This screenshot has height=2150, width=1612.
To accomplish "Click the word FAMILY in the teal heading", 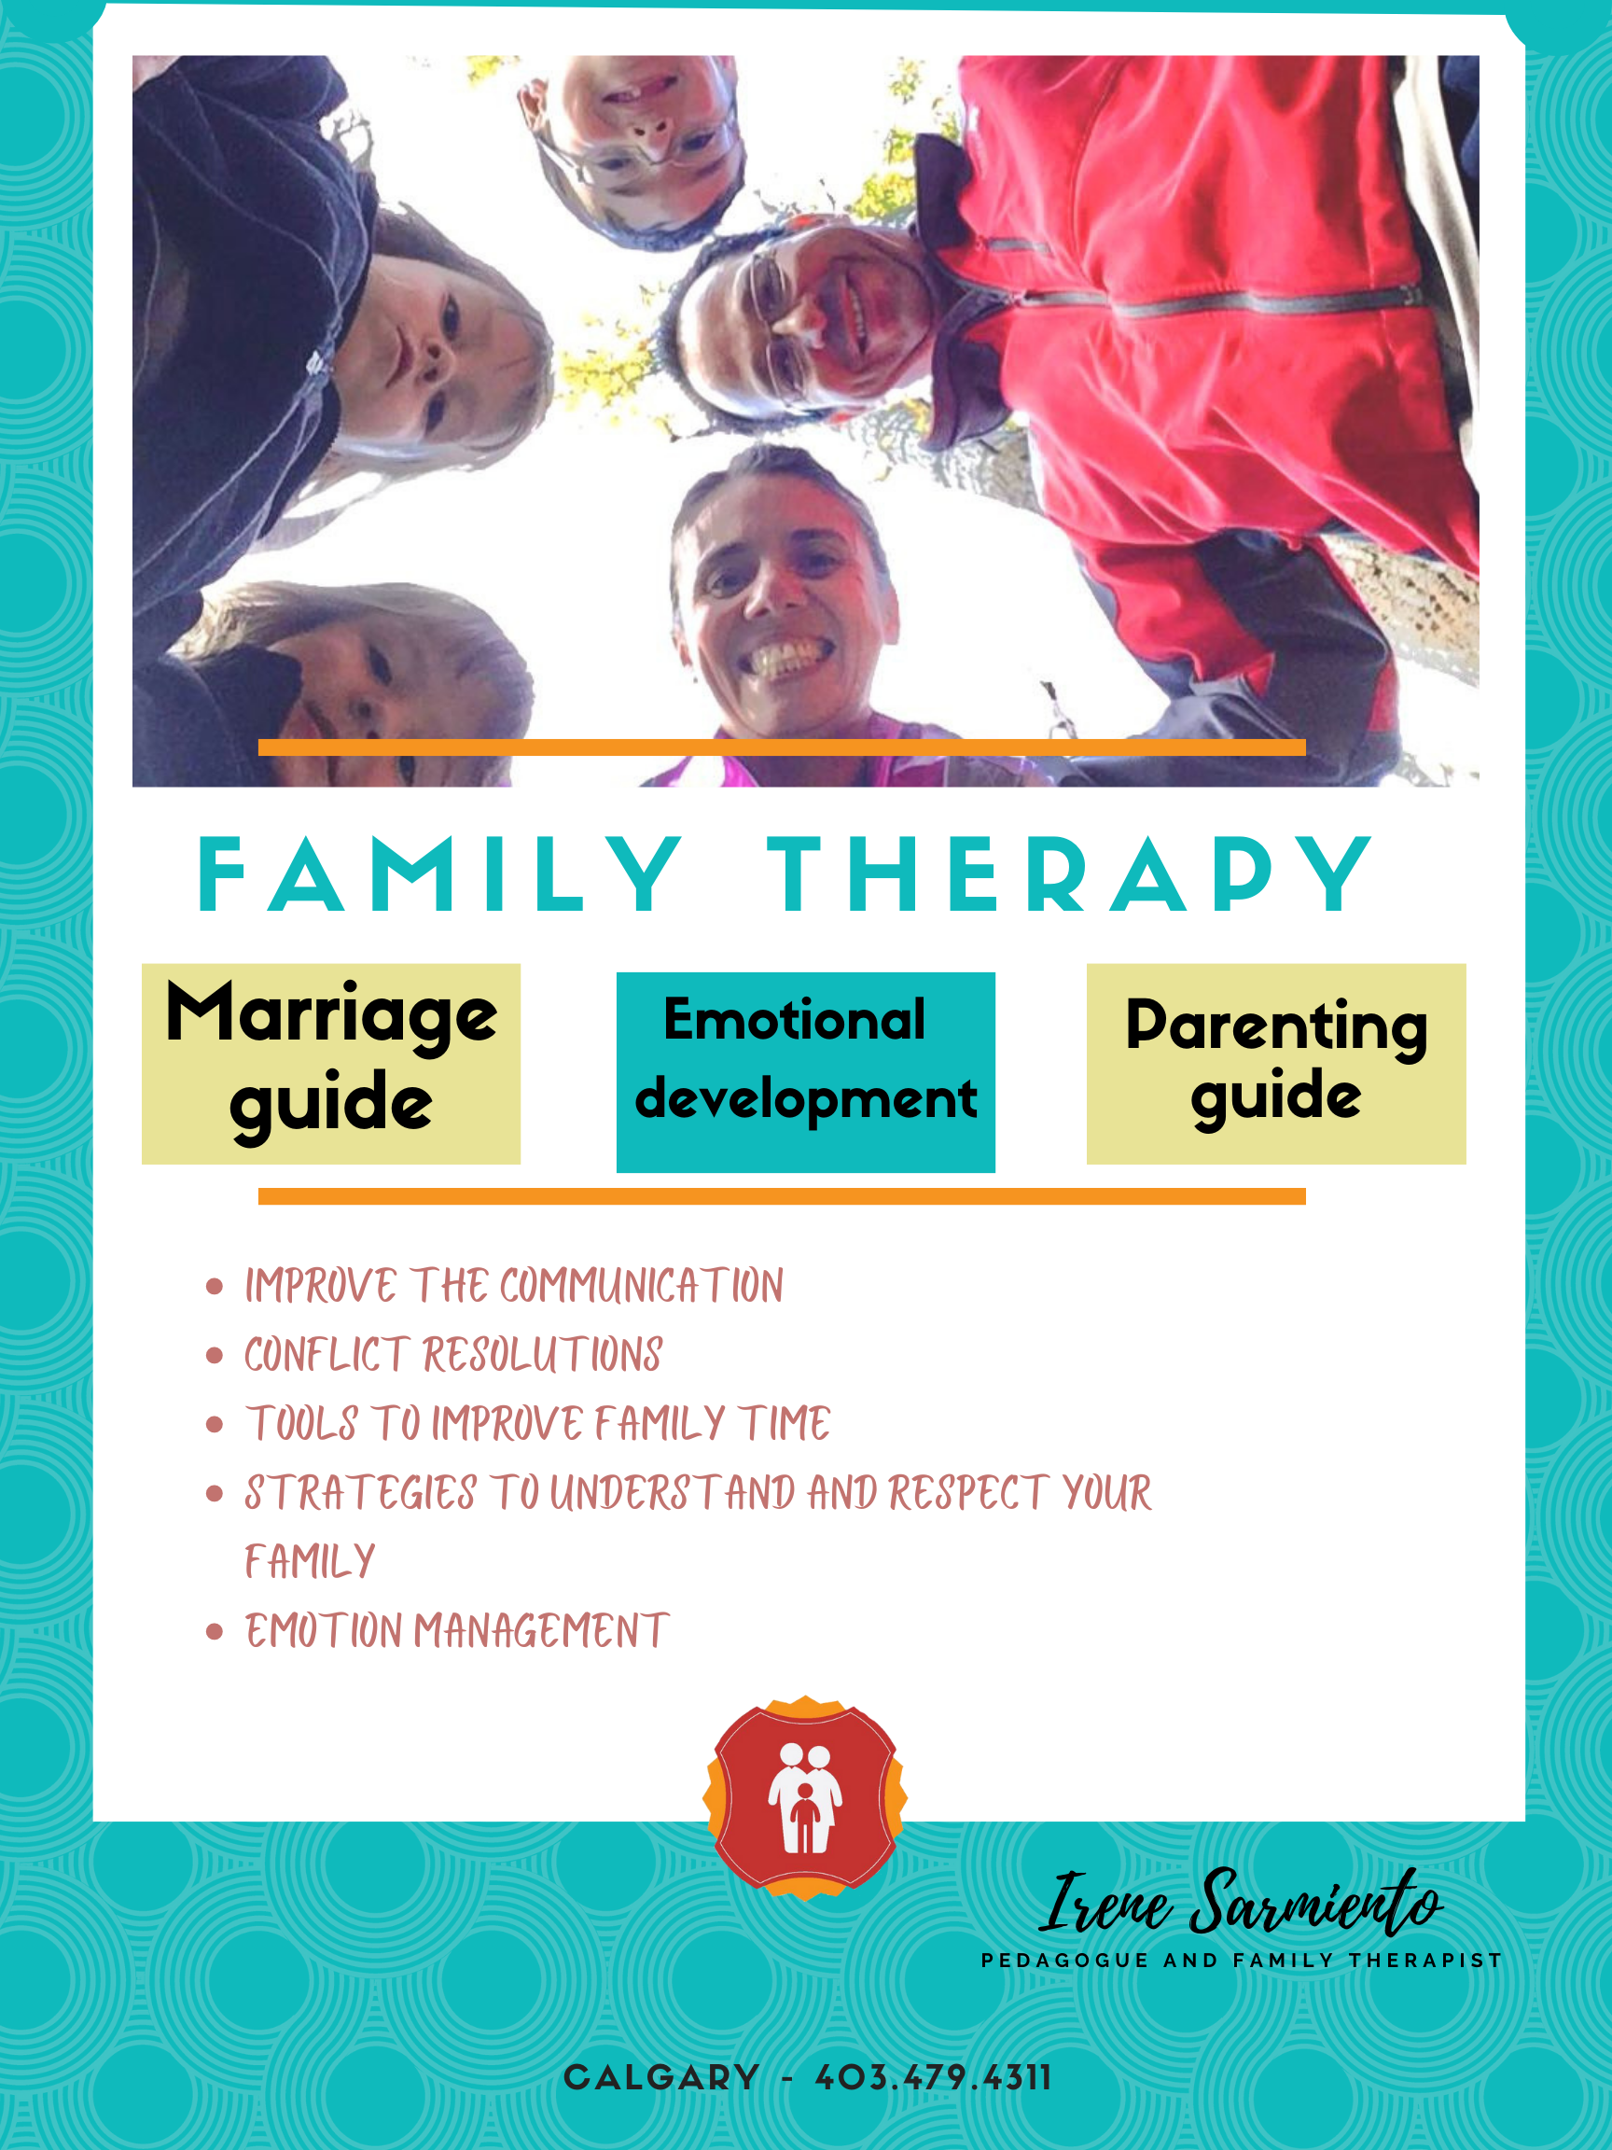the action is pyautogui.click(x=440, y=874).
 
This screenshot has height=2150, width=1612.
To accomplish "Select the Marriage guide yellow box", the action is pyautogui.click(x=331, y=1064).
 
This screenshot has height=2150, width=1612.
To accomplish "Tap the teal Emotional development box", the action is pyautogui.click(x=805, y=1072).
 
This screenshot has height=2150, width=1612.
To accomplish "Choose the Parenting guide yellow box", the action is pyautogui.click(x=1276, y=1064).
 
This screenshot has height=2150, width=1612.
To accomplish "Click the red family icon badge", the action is pyautogui.click(x=805, y=1798).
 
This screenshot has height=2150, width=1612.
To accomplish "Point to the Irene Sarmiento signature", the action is pyautogui.click(x=1241, y=1902).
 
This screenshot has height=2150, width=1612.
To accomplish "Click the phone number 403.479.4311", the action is pyautogui.click(x=934, y=2078).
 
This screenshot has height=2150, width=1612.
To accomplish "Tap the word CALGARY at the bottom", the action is pyautogui.click(x=661, y=2078).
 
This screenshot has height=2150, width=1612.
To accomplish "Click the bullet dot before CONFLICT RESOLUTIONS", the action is pyautogui.click(x=215, y=1356).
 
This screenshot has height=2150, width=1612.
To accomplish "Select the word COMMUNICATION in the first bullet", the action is pyautogui.click(x=641, y=1286).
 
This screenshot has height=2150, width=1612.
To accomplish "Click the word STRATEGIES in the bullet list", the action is pyautogui.click(x=360, y=1494).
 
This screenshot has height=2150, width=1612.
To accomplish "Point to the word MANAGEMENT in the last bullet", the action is pyautogui.click(x=542, y=1632).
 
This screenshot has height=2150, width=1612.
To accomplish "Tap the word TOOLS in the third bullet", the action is pyautogui.click(x=302, y=1424).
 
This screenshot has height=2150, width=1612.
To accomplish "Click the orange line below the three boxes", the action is pyautogui.click(x=782, y=1195).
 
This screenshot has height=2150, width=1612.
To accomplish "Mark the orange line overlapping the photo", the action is pyautogui.click(x=782, y=747).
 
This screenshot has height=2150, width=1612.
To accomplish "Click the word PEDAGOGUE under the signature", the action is pyautogui.click(x=1065, y=1961).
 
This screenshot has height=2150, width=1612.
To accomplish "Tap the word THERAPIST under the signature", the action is pyautogui.click(x=1425, y=1961).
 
